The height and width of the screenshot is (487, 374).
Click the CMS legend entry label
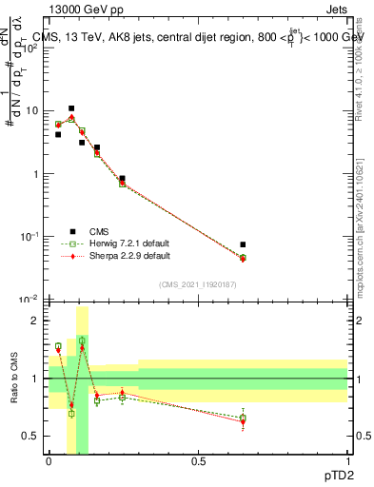pos(99,231)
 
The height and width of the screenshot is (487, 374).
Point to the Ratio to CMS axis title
pos(15,379)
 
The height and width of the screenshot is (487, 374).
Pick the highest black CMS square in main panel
pos(71,108)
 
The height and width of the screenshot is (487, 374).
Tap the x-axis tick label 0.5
pos(198,460)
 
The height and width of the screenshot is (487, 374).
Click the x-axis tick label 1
pos(347,460)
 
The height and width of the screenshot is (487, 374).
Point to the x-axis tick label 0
pos(49,460)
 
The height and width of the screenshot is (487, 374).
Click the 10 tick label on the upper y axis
pos(32,111)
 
